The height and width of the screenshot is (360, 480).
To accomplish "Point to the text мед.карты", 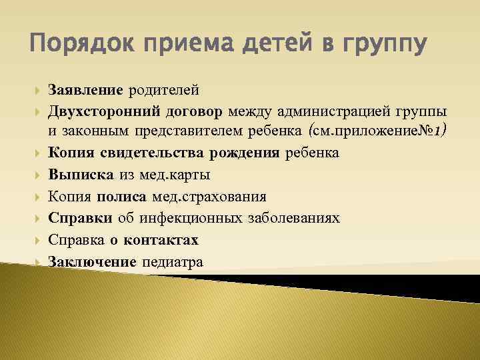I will pyautogui.click(x=175, y=175).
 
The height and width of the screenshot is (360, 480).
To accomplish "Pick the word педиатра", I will pyautogui.click(x=173, y=261).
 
